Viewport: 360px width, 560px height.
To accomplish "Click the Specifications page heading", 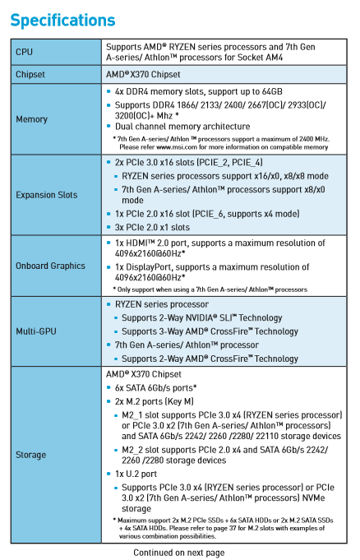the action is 62,21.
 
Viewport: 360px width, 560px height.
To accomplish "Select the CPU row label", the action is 25,52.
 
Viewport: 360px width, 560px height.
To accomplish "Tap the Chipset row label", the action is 30,74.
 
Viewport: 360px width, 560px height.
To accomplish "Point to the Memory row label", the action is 31,119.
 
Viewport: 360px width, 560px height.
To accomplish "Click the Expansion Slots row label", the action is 46,195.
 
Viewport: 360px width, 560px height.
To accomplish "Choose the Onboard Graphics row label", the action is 50,266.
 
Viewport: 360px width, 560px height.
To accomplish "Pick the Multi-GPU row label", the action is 36,331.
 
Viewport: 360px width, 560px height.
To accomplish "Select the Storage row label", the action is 30,455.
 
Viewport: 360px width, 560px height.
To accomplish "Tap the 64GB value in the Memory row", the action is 272,91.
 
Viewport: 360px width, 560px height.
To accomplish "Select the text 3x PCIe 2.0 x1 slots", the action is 152,227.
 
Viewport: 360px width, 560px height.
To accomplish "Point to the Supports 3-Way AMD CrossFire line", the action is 210,331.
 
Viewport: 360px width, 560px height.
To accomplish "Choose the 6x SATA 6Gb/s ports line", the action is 155,388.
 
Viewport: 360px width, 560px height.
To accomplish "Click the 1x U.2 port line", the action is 136,474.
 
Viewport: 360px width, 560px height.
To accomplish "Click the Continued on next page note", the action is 179,553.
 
